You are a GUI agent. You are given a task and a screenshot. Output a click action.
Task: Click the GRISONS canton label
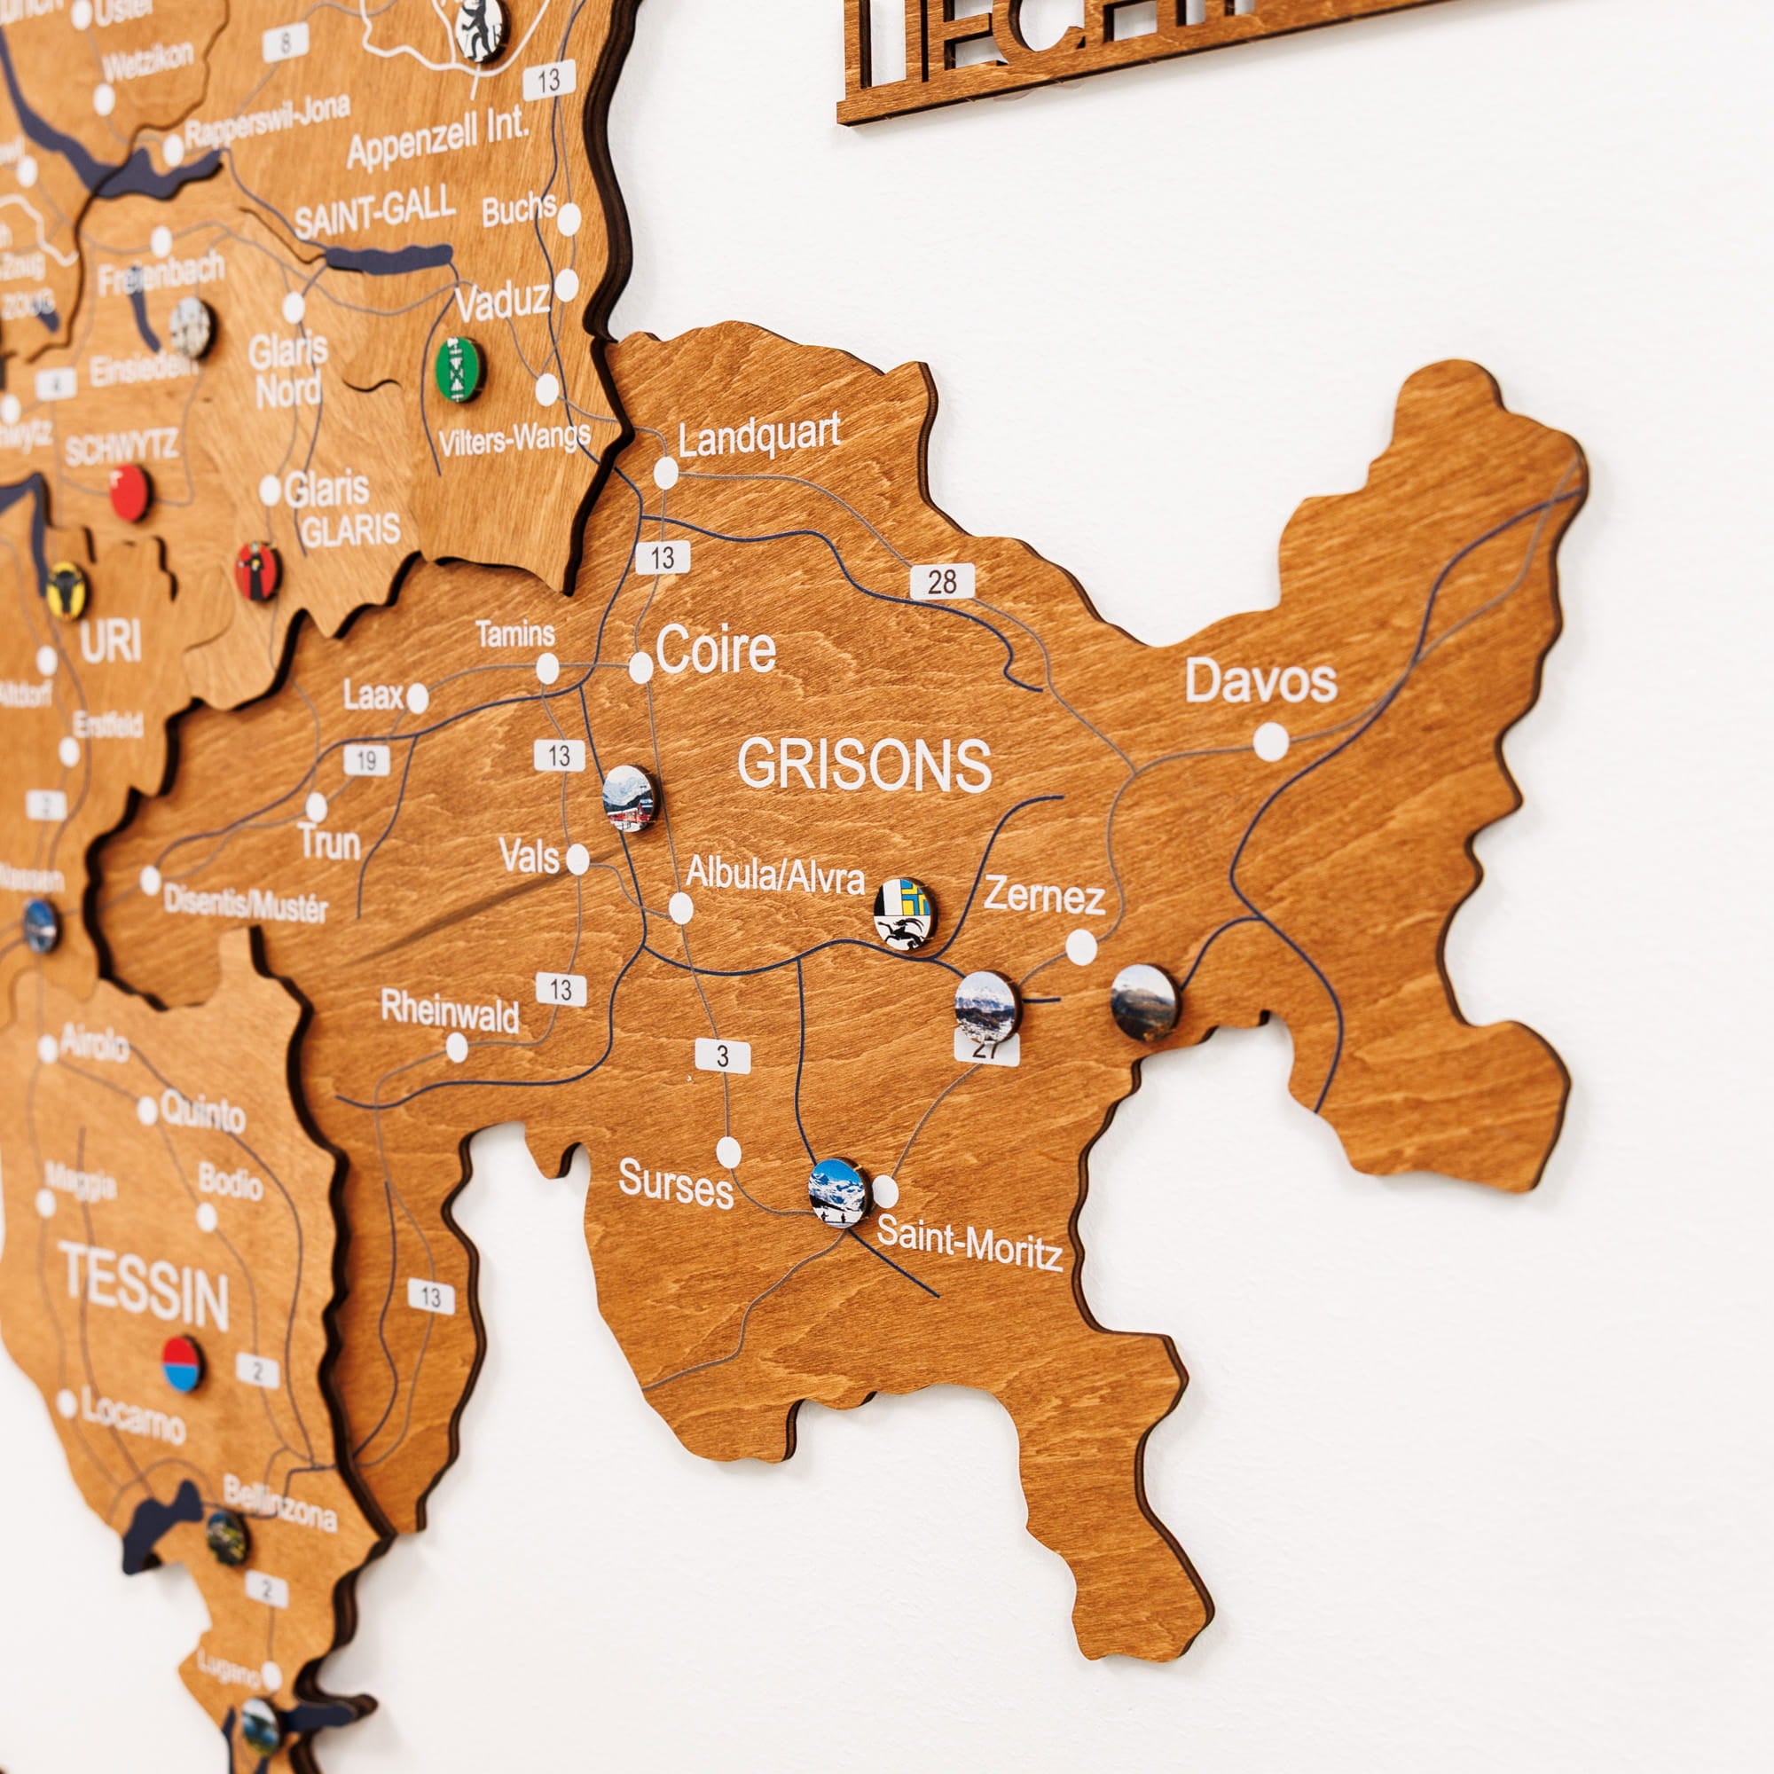(864, 765)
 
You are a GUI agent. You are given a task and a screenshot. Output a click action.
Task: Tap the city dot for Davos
(1271, 742)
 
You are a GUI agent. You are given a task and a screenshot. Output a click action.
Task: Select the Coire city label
(715, 651)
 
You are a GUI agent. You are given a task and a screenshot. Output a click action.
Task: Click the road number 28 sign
(942, 581)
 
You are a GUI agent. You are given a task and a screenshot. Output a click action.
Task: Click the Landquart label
(759, 436)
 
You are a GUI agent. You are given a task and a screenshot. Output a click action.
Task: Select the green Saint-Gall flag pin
(459, 368)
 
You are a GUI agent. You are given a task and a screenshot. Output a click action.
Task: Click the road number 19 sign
(366, 760)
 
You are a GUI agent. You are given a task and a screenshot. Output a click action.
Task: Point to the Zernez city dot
(1080, 946)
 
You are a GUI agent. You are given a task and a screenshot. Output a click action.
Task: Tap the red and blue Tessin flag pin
(182, 1363)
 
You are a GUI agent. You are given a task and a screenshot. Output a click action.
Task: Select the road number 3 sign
(723, 1056)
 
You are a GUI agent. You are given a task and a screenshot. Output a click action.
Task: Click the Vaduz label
(502, 302)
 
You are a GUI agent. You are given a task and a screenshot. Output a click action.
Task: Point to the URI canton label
(110, 641)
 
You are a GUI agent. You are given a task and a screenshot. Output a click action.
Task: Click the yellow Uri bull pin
(67, 591)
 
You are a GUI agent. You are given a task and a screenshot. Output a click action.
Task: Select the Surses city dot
(728, 1151)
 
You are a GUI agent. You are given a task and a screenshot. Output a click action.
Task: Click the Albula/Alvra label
(775, 876)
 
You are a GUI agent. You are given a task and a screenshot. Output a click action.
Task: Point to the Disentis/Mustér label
(245, 905)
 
